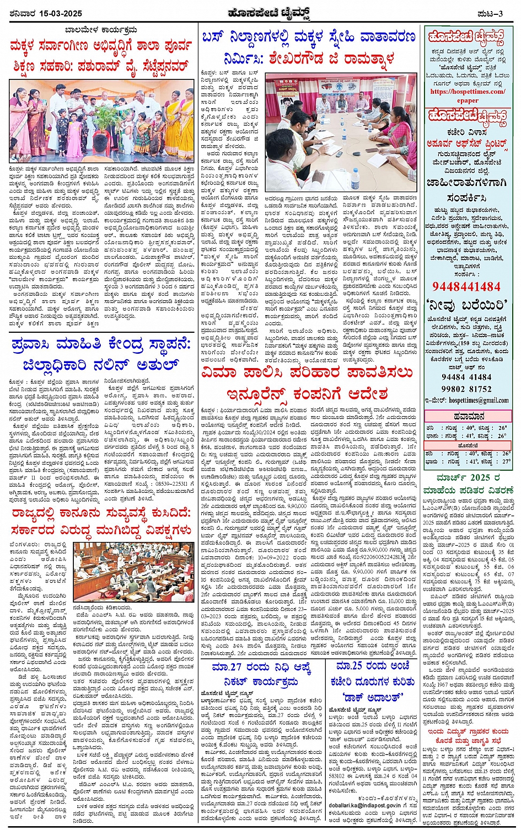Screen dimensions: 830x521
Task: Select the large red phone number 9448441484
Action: point(466,286)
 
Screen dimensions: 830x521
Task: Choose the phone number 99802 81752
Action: point(466,389)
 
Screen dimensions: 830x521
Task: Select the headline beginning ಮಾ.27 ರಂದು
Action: point(262,668)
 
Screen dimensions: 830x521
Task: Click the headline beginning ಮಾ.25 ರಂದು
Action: point(373,667)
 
